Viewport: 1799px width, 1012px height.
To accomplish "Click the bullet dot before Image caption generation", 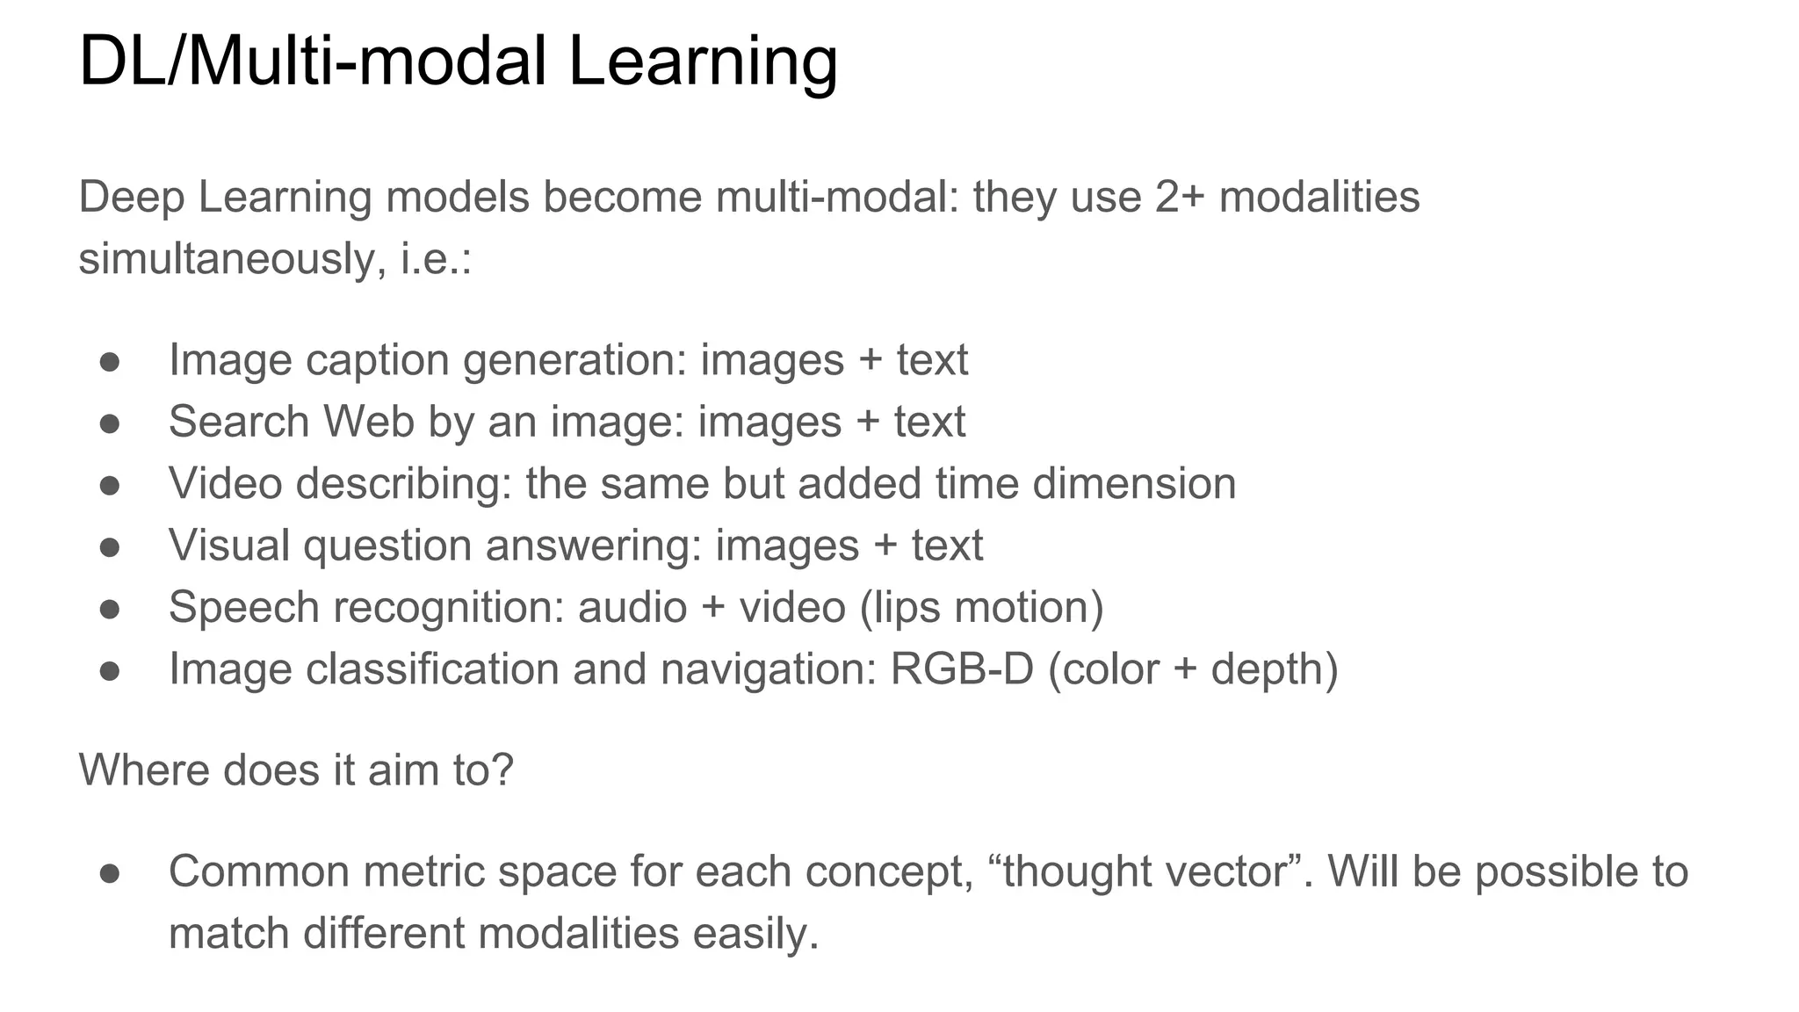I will pyautogui.click(x=110, y=362).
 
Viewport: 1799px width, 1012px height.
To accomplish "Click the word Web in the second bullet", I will pyautogui.click(x=368, y=422).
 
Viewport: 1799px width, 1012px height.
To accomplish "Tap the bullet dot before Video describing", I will pyautogui.click(x=110, y=485).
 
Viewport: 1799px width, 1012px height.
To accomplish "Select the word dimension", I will pyautogui.click(x=1134, y=483).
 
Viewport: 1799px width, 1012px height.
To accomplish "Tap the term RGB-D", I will pyautogui.click(x=961, y=669).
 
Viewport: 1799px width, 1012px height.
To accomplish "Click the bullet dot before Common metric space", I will pyautogui.click(x=110, y=873).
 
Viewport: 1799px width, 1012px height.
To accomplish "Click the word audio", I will pyautogui.click(x=632, y=608).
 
